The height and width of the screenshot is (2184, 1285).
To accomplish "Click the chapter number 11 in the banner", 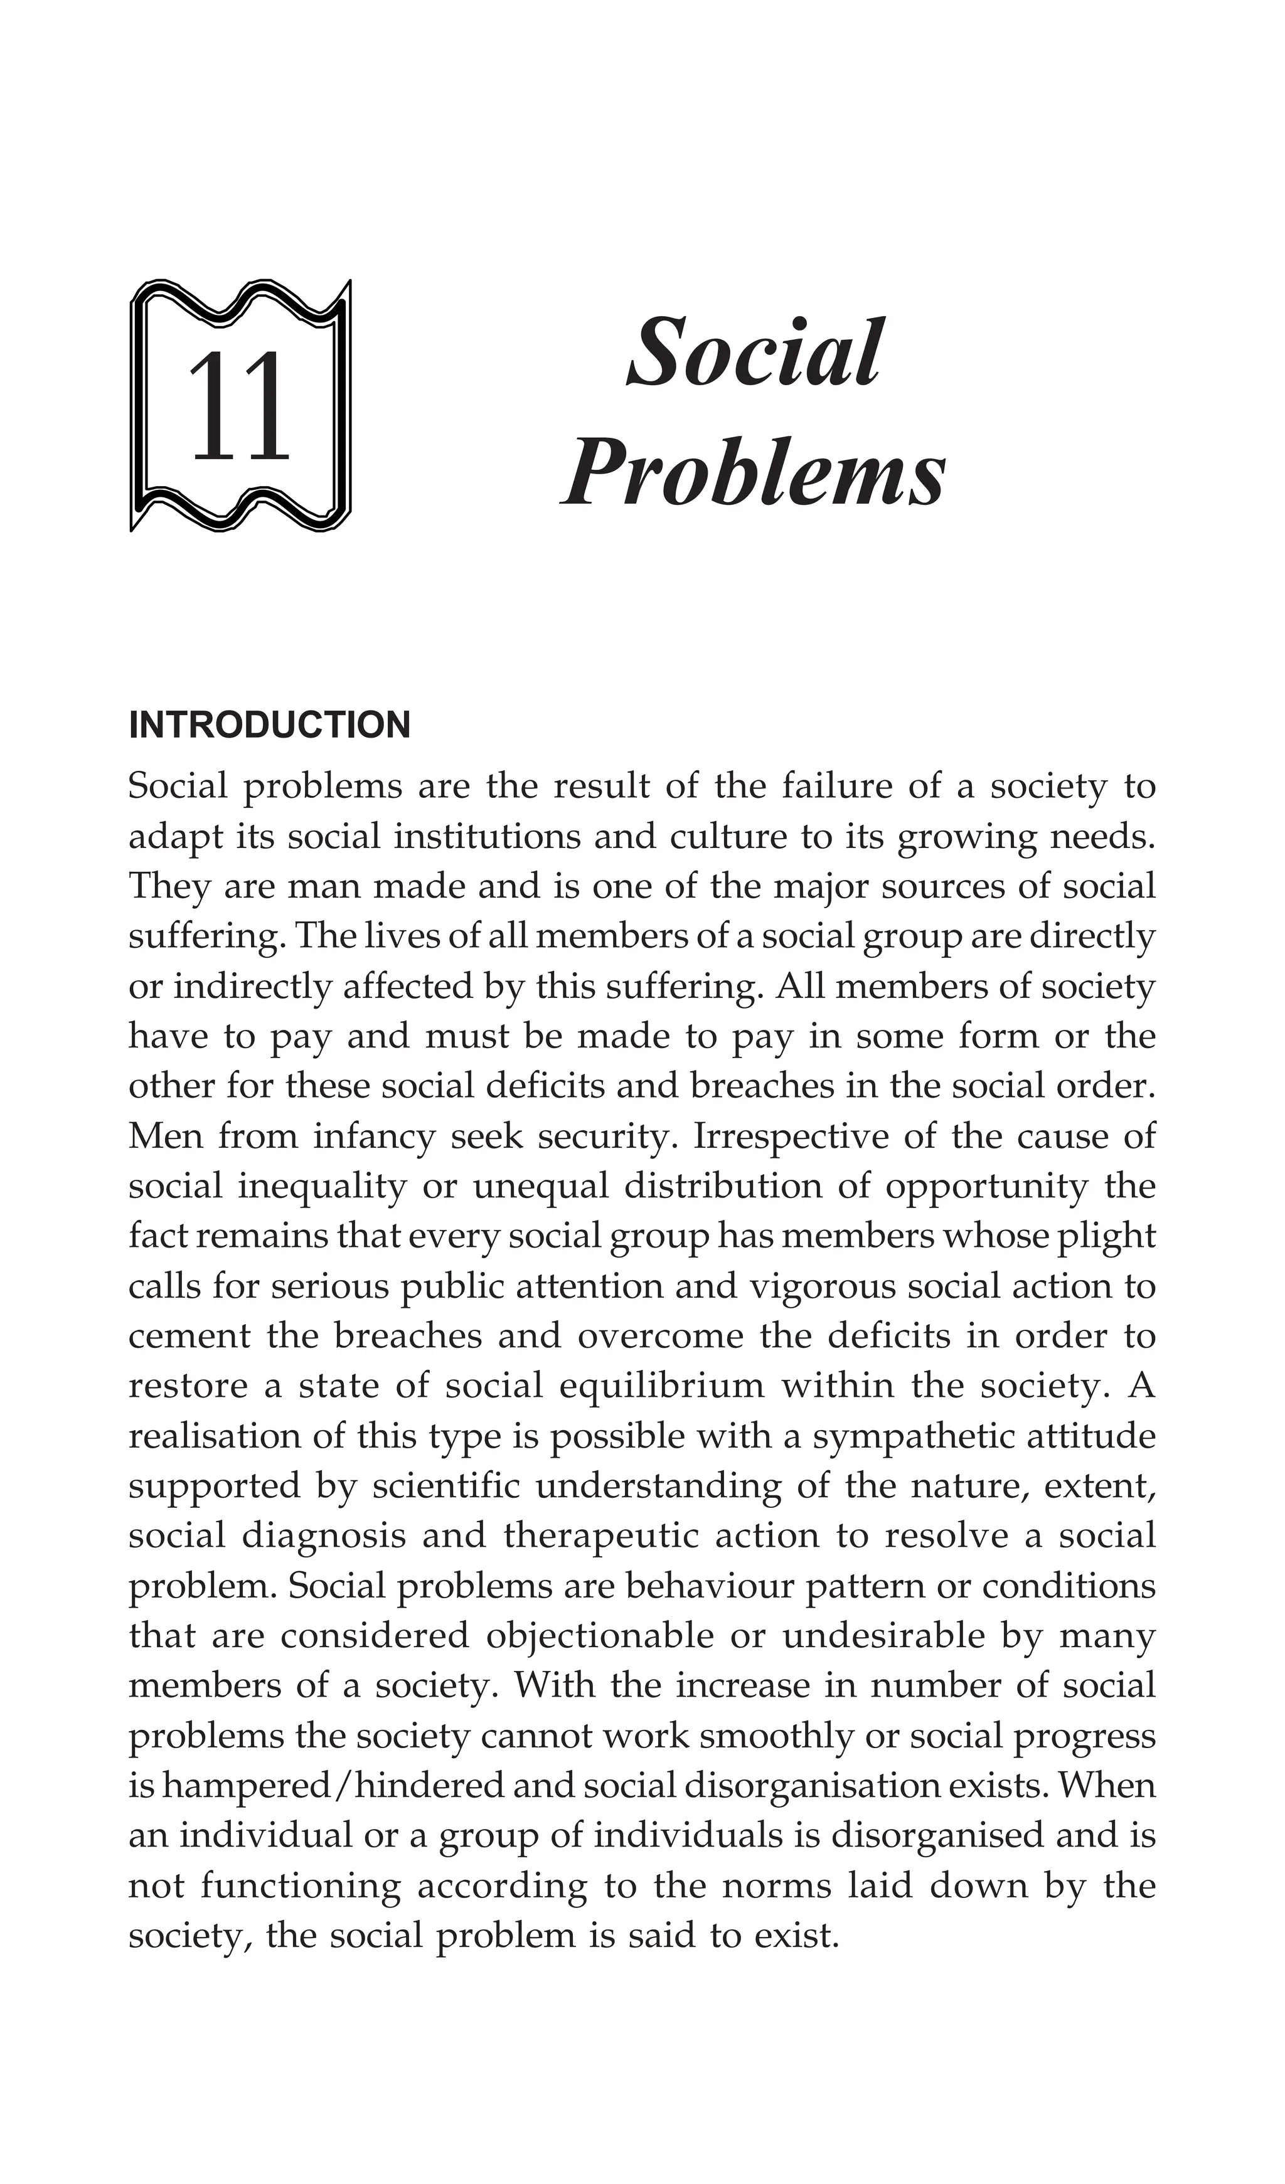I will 238,407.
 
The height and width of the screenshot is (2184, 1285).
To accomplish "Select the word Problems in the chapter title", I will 753,475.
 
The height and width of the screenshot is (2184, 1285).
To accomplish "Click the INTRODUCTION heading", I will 269,726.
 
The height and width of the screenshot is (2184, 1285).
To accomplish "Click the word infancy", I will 374,1136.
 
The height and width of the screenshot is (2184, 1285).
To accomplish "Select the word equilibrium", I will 661,1386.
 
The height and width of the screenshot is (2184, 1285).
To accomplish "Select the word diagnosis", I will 323,1535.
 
